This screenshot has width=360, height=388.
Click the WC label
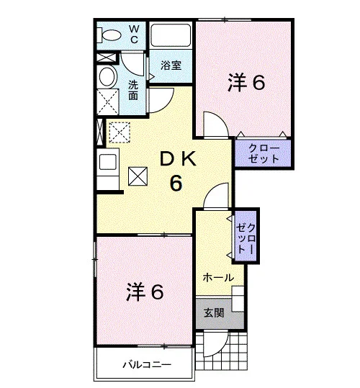tap(134, 35)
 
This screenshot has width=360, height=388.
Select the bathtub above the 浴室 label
tap(171, 35)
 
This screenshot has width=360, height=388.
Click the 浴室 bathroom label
tap(171, 65)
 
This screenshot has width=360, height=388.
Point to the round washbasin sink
tap(107, 77)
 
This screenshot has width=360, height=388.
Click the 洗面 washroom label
tap(133, 90)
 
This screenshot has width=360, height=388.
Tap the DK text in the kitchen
tap(178, 159)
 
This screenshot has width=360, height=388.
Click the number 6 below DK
tap(176, 183)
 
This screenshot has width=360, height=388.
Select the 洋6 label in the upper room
tap(246, 82)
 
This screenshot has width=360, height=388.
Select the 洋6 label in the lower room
tap(145, 292)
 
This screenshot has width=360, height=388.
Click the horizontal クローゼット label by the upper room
tap(264, 153)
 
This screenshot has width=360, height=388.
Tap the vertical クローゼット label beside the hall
tap(246, 238)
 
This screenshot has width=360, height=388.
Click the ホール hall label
tap(218, 278)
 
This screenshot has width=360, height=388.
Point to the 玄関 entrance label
tap(215, 313)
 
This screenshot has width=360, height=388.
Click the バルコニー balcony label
tap(147, 364)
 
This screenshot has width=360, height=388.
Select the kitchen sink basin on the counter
tap(107, 162)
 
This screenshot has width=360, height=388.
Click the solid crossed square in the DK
tap(138, 176)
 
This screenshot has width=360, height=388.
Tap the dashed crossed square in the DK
tap(120, 132)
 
